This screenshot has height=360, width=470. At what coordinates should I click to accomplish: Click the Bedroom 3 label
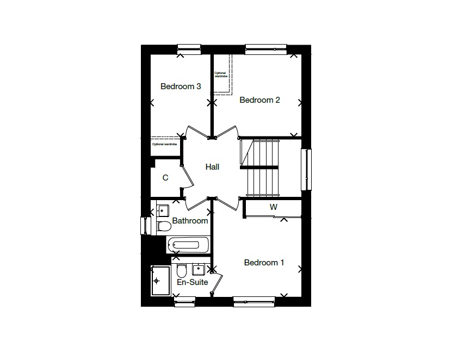pyautogui.click(x=181, y=86)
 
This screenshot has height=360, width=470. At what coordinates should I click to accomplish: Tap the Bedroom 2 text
pyautogui.click(x=259, y=100)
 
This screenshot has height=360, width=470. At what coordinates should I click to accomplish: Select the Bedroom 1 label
pyautogui.click(x=264, y=263)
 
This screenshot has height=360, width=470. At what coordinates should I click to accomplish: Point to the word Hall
pyautogui.click(x=212, y=167)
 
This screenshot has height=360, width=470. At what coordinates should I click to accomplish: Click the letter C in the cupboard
pyautogui.click(x=165, y=178)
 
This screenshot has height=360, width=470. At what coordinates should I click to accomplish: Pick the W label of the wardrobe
pyautogui.click(x=274, y=207)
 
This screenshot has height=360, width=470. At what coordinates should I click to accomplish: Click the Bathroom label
pyautogui.click(x=190, y=221)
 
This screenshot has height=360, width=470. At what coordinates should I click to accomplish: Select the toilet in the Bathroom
pyautogui.click(x=163, y=225)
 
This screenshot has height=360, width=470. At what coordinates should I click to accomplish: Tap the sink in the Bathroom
pyautogui.click(x=163, y=209)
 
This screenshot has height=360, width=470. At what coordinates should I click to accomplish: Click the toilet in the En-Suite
pyautogui.click(x=182, y=270)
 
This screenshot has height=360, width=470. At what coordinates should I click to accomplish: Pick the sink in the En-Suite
pyautogui.click(x=198, y=268)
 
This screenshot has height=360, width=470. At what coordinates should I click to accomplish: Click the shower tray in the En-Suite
pyautogui.click(x=160, y=281)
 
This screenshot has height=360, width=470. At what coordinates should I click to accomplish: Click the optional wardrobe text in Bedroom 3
pyautogui.click(x=164, y=144)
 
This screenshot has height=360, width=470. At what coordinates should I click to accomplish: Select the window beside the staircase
pyautogui.click(x=307, y=170)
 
